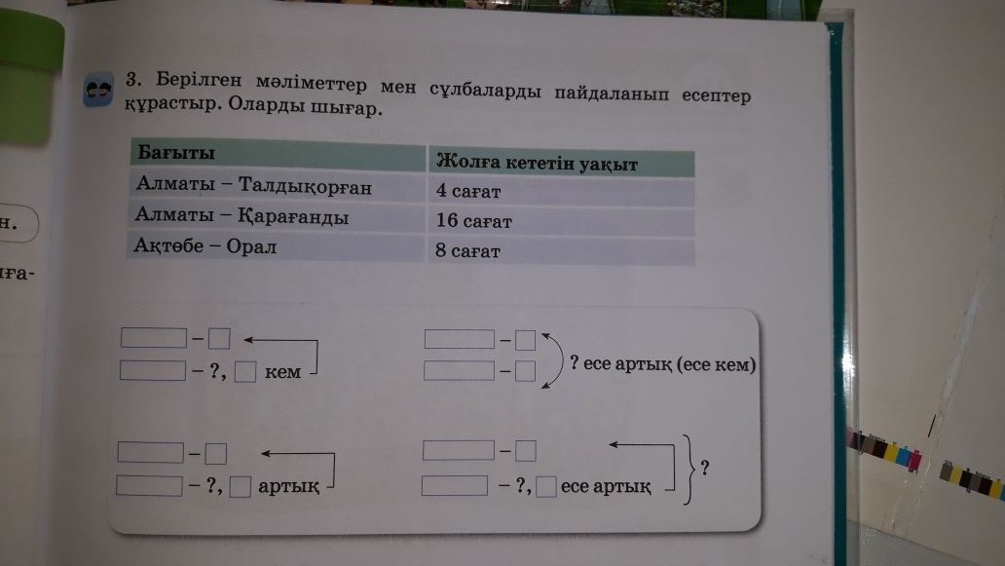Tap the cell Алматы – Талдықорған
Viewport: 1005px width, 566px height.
click(x=254, y=185)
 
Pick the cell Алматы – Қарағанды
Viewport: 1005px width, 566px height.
click(x=242, y=216)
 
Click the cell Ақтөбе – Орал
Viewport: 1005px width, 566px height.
click(x=206, y=246)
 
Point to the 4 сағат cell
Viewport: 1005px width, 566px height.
click(x=468, y=192)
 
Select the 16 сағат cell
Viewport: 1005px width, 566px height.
click(x=474, y=221)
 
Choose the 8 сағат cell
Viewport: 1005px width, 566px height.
click(x=468, y=251)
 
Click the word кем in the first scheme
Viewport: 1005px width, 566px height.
click(x=282, y=372)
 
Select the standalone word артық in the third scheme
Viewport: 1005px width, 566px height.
click(x=289, y=486)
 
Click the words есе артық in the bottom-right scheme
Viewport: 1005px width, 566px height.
click(x=606, y=486)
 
